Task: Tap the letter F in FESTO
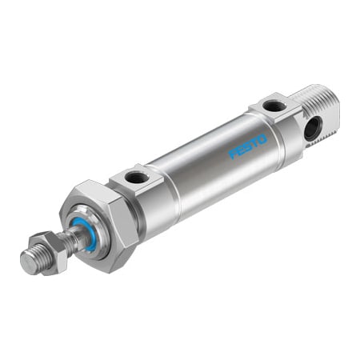pyautogui.click(x=233, y=154)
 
